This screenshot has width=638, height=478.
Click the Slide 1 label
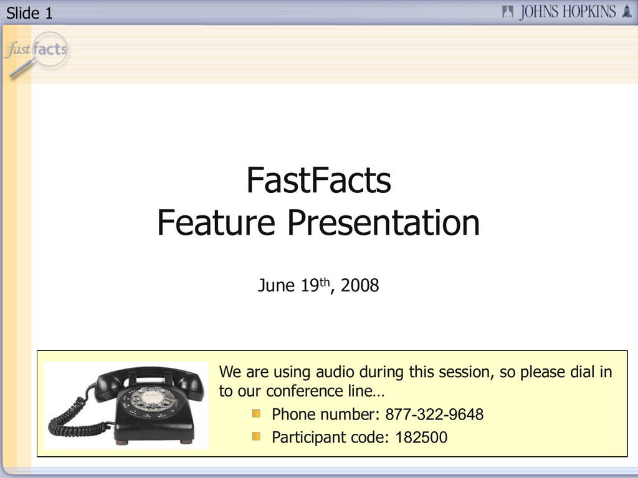[29, 13]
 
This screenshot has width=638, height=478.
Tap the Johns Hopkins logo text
[568, 12]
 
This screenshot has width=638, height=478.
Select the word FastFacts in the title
[318, 180]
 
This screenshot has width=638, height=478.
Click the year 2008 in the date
[359, 285]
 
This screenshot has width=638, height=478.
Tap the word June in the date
[276, 285]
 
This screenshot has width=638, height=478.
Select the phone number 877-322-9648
[434, 415]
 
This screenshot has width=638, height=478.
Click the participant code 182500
[422, 438]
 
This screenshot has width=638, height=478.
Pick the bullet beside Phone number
[256, 414]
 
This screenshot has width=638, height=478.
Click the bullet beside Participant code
[256, 436]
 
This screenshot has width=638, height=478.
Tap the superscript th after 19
[324, 282]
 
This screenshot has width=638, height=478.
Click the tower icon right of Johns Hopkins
[627, 11]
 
